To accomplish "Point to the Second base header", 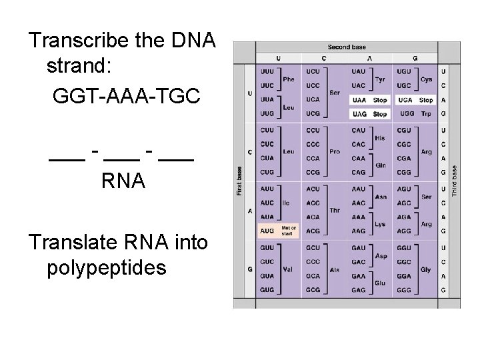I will coord(347,47).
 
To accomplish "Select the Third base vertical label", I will coord(455,180).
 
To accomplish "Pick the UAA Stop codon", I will coord(369,100).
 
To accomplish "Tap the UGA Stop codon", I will coord(415,100).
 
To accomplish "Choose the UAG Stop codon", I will coord(369,114).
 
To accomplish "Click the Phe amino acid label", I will coord(289,79).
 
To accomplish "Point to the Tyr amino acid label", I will coord(380,79).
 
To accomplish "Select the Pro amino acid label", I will coord(335,151).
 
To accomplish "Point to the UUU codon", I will coord(267,71).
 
